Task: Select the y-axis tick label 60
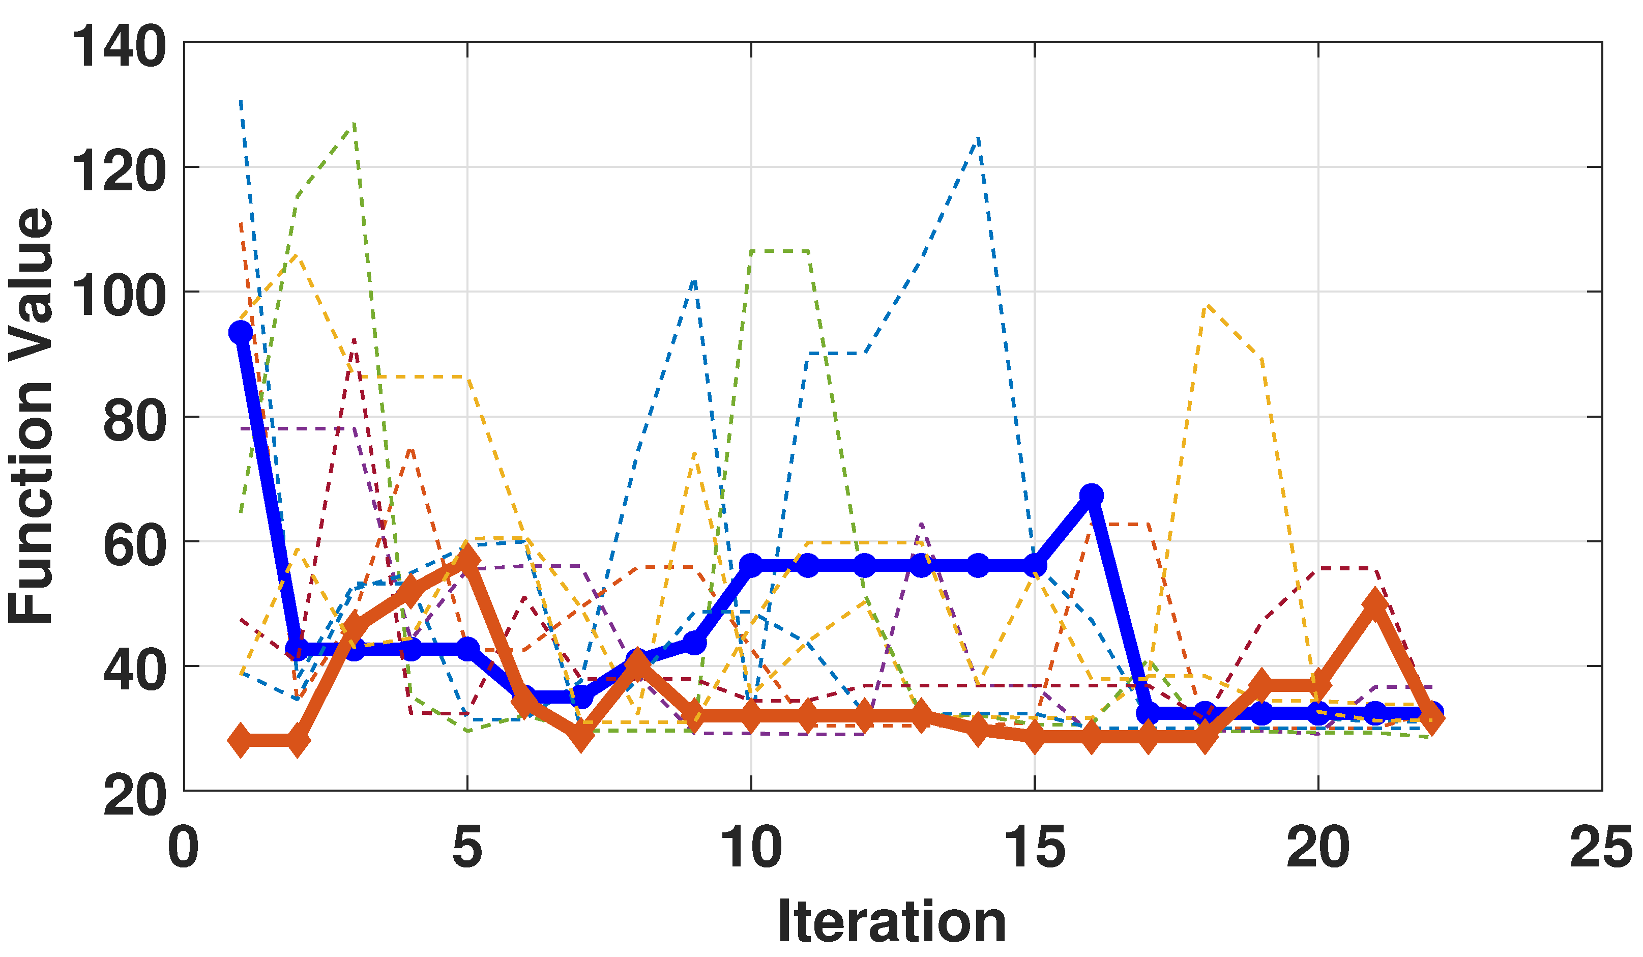pos(135,545)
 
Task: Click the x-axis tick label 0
pos(183,848)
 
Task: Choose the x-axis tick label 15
pos(1034,848)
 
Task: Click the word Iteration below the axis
pos(891,922)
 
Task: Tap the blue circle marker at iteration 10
pos(751,565)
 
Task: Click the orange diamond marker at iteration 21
pos(1374,603)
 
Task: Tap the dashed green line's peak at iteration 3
pos(354,123)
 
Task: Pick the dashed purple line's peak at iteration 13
pos(921,524)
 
